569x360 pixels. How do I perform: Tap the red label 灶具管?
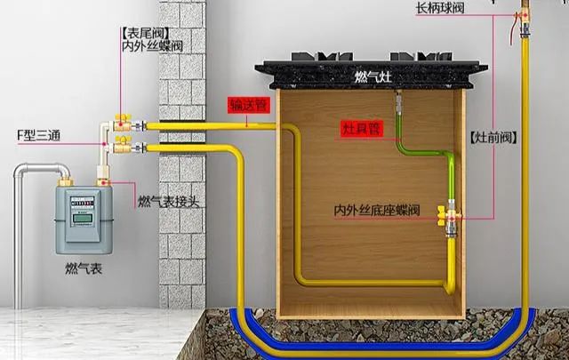(x=362, y=128)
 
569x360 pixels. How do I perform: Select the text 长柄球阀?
(x=440, y=8)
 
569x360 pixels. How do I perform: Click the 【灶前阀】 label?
(x=493, y=138)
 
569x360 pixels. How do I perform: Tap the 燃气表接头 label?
(x=169, y=202)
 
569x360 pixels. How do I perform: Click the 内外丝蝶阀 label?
(x=151, y=44)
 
